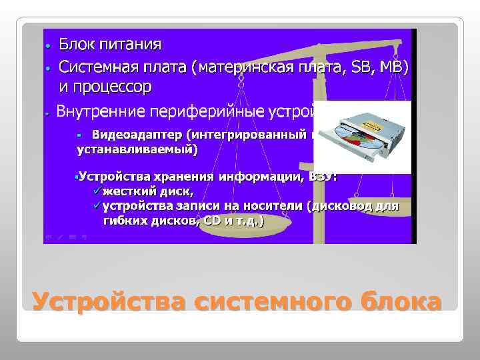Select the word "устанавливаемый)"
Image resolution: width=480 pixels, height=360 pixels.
(137, 149)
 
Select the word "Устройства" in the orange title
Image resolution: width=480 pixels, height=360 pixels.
(108, 301)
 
